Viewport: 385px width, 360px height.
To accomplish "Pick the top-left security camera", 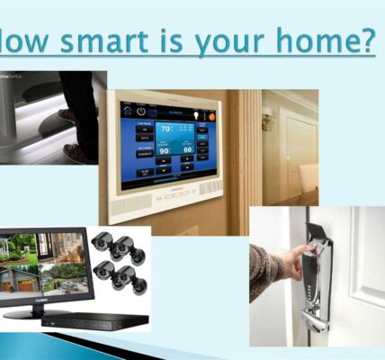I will [101, 242].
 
